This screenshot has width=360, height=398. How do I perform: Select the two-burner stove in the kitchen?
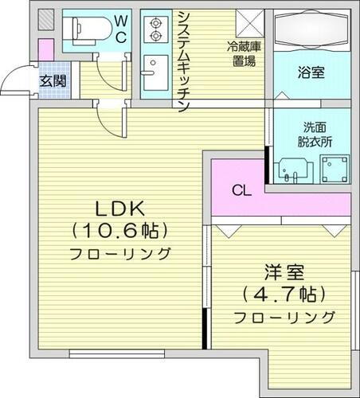tap(152, 29)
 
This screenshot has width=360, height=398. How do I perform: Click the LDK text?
tap(120, 209)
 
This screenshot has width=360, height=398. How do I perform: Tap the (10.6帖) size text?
tap(120, 232)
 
